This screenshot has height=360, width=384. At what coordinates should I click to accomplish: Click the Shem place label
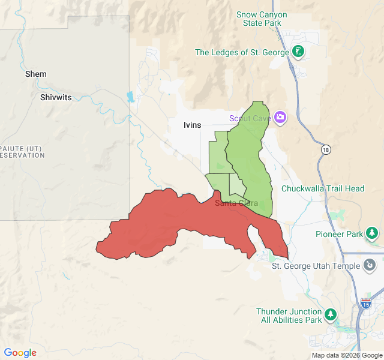tap(36, 74)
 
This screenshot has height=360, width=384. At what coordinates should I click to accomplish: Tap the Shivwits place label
tap(56, 97)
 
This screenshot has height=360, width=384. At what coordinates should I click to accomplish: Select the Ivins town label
tap(193, 125)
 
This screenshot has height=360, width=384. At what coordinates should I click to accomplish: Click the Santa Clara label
tap(236, 203)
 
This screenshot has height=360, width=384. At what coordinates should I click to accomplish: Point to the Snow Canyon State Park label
tap(262, 19)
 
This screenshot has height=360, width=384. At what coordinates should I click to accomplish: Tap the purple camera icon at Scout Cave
tap(280, 116)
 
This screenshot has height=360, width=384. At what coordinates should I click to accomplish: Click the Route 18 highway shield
tap(326, 150)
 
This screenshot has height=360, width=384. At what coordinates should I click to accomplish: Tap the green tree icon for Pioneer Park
tap(372, 233)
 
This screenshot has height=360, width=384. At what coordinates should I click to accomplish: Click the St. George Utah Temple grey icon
tap(370, 264)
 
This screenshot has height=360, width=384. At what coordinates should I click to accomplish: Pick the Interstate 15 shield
tap(366, 304)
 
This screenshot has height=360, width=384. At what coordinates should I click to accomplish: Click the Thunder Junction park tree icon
tap(330, 314)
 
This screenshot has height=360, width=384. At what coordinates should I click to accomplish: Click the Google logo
tap(20, 353)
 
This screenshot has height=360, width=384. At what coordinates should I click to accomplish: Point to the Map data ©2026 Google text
tap(346, 355)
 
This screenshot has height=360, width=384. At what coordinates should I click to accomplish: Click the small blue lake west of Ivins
tap(130, 97)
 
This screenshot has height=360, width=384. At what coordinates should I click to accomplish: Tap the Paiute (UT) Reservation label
tap(22, 151)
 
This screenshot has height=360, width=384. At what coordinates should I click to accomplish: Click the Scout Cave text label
tap(250, 118)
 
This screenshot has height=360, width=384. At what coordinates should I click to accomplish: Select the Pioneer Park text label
tap(339, 234)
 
